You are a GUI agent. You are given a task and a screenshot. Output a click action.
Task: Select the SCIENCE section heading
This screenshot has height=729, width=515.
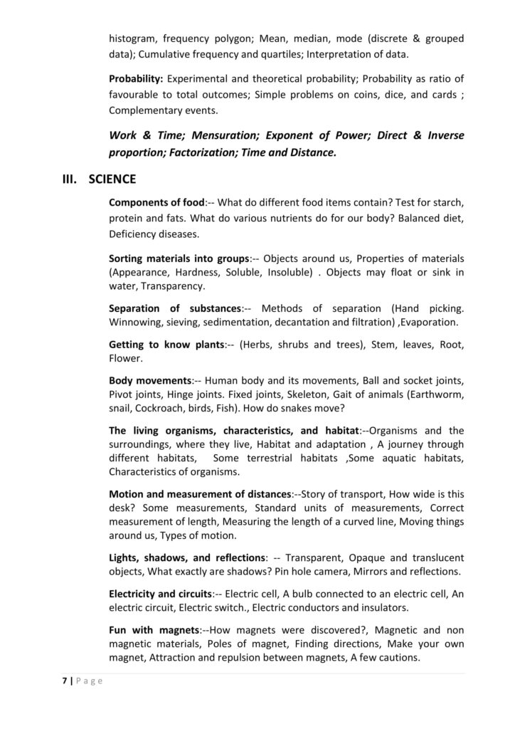pos(112,179)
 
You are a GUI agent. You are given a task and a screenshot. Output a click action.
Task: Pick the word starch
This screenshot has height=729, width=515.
pos(446,201)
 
